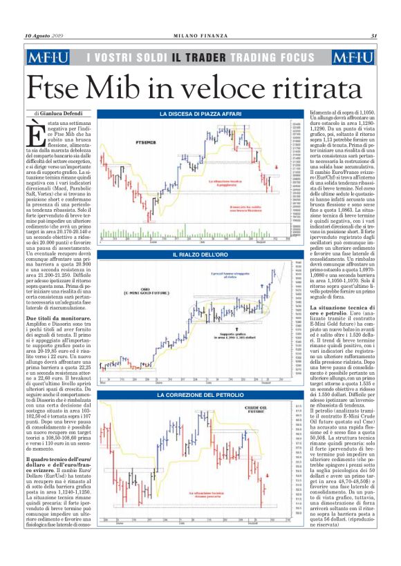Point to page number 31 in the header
click(373, 37)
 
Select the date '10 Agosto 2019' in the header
click(44, 37)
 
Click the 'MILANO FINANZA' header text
click(200, 37)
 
